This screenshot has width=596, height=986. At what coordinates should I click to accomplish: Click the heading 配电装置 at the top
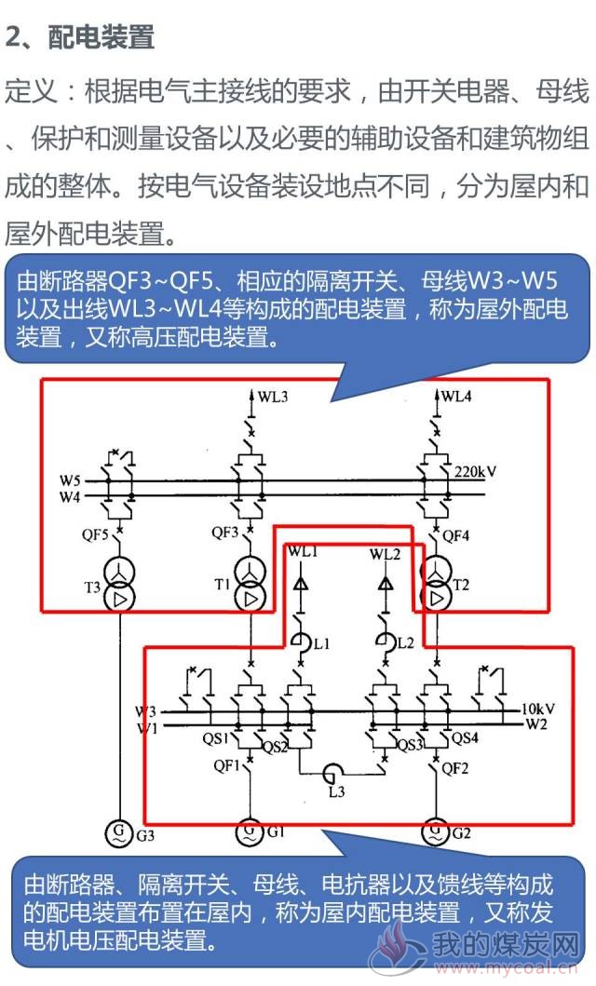[x=101, y=37]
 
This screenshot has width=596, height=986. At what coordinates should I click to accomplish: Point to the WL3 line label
[x=272, y=397]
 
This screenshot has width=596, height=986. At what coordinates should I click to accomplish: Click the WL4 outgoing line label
[x=456, y=396]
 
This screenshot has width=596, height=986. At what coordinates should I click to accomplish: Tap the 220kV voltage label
[x=475, y=472]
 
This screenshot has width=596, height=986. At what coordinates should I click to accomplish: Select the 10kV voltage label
[x=537, y=709]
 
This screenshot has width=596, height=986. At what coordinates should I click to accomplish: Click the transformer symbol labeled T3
[x=119, y=584]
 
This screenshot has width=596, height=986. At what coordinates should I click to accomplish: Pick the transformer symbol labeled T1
[x=251, y=584]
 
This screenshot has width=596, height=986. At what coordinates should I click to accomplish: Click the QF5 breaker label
[x=95, y=535]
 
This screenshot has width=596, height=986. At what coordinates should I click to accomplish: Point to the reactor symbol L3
[x=332, y=772]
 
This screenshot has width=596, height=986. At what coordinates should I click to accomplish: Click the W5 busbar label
[x=71, y=481]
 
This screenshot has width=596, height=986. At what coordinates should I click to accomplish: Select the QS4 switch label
[x=466, y=737]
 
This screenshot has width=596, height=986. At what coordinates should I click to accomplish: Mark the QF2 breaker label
[x=455, y=768]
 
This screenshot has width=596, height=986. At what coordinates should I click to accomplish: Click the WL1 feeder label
[x=303, y=551]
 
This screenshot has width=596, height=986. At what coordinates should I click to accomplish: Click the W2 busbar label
[x=536, y=724]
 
